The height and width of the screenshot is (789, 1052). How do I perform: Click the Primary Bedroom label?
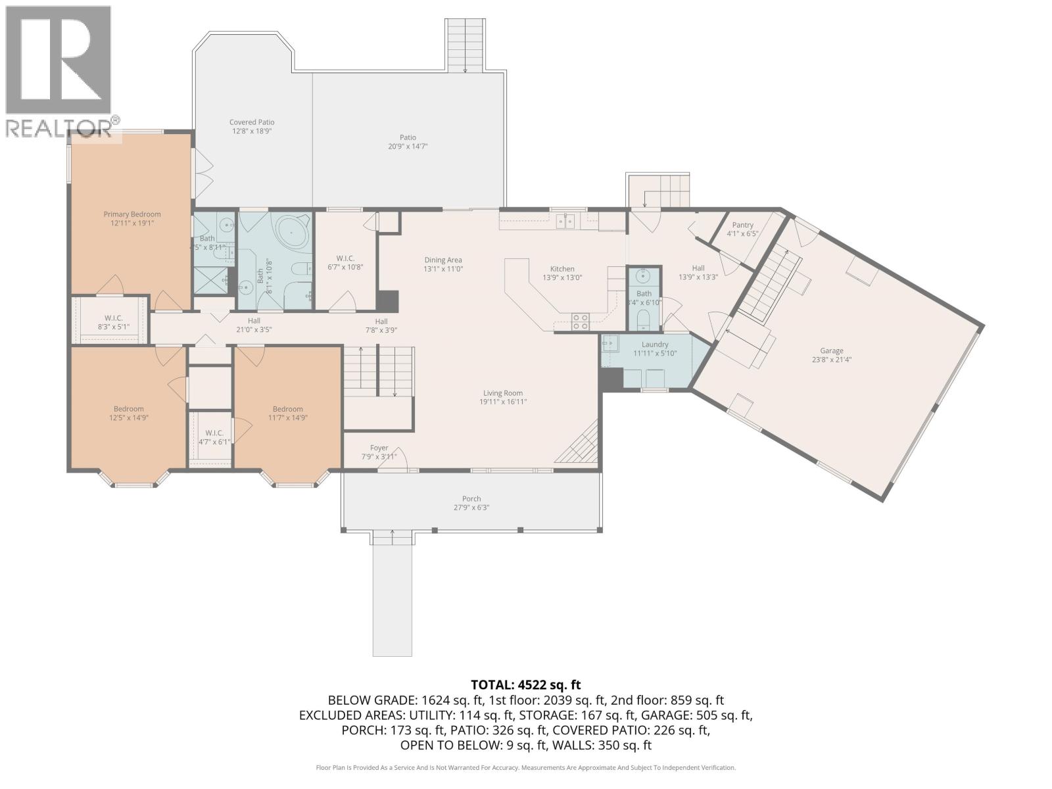pos(131,214)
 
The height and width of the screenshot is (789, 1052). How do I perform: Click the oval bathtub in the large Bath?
pos(289,232)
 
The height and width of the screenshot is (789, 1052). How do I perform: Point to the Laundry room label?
pos(655,345)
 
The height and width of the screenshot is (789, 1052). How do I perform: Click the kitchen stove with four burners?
pos(580,322)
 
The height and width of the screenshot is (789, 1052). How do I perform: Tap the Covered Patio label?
pos(252,122)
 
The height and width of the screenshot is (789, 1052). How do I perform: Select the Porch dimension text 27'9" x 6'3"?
pos(471,508)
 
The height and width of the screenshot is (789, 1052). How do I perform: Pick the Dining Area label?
pos(443,260)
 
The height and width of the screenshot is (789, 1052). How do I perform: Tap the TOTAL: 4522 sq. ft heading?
pos(525,685)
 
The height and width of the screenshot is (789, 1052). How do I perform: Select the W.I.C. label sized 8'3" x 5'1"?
pos(109,318)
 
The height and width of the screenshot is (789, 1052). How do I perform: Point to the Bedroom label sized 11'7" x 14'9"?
pos(288,409)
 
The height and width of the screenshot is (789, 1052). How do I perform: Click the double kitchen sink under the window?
pos(565,221)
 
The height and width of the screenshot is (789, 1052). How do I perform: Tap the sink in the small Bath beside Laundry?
pos(644,275)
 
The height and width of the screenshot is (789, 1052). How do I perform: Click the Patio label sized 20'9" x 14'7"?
pos(408,137)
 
